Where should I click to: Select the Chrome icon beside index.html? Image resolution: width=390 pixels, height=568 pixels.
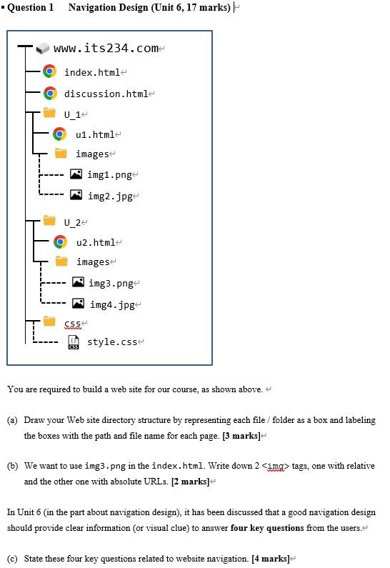49,71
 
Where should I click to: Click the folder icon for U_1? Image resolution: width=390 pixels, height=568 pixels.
49,113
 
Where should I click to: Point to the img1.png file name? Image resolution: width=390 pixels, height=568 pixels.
109,174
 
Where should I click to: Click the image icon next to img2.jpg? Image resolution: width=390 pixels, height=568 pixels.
76,194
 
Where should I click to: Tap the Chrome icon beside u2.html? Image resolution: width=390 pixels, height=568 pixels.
61,242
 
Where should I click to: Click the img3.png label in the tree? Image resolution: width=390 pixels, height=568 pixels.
111,284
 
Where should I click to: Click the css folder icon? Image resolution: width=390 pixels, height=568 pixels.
49,322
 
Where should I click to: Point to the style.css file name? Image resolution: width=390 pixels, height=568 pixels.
113,342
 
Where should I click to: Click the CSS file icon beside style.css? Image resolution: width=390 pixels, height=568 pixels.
73,344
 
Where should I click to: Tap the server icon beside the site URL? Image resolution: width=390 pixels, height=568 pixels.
44,49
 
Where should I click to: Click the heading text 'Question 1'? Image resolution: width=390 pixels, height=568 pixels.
30,7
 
